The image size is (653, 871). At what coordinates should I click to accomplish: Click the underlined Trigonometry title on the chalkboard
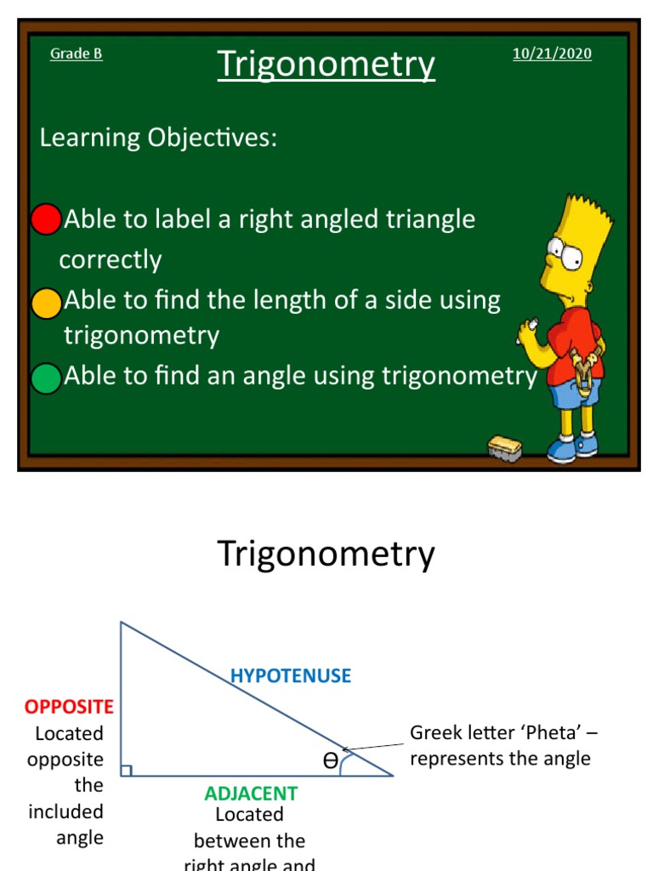click(326, 65)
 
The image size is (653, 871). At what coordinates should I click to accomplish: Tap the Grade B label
click(77, 54)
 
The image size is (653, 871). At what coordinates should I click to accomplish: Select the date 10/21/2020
click(552, 54)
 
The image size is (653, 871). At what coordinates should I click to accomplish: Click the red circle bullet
click(46, 219)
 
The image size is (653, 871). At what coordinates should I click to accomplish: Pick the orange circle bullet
click(47, 304)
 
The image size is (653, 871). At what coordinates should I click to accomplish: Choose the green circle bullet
click(46, 378)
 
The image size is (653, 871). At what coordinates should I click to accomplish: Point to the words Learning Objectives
click(158, 138)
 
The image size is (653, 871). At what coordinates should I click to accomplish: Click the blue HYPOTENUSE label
click(290, 676)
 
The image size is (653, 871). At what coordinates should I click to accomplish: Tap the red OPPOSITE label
click(69, 707)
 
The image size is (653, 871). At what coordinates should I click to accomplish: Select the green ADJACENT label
click(251, 794)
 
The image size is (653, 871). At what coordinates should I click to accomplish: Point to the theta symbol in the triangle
click(330, 761)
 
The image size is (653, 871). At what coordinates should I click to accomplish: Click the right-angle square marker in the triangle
click(126, 771)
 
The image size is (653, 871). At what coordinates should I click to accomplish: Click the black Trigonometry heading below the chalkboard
click(326, 555)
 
